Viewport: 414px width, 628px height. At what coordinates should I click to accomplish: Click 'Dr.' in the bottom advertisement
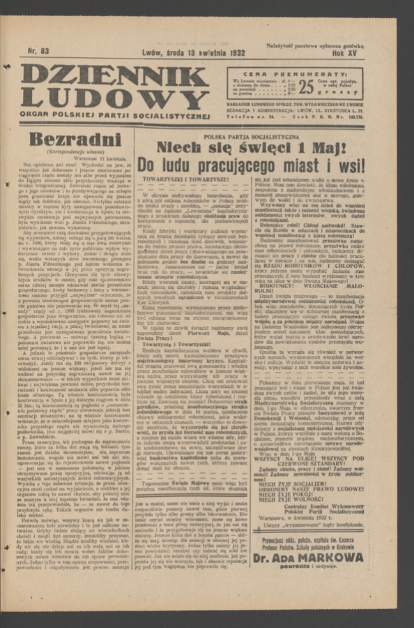point(280,558)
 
